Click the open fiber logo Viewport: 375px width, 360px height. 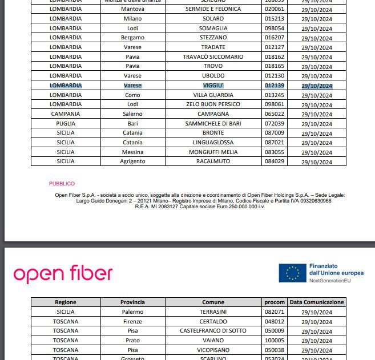(x=63, y=274)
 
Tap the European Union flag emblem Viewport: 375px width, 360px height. (x=292, y=274)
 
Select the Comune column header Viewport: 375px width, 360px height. (x=213, y=302)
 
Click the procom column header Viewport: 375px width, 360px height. (x=275, y=302)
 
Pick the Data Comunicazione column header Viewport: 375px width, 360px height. (x=317, y=302)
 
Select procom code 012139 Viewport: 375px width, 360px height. (x=275, y=86)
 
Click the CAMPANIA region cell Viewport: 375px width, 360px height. (x=65, y=114)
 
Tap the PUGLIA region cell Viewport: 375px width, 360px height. (x=65, y=124)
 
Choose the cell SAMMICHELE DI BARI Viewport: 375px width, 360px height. (x=213, y=124)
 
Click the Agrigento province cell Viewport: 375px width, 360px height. (x=132, y=161)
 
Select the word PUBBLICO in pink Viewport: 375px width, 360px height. (x=62, y=184)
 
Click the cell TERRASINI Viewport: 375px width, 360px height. (x=213, y=312)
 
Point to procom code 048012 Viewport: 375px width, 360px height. (x=275, y=321)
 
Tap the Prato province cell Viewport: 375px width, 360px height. (x=132, y=341)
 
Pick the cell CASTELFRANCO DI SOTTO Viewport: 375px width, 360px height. (x=213, y=331)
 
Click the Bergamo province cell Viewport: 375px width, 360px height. (x=132, y=38)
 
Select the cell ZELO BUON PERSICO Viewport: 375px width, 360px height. (x=213, y=104)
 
